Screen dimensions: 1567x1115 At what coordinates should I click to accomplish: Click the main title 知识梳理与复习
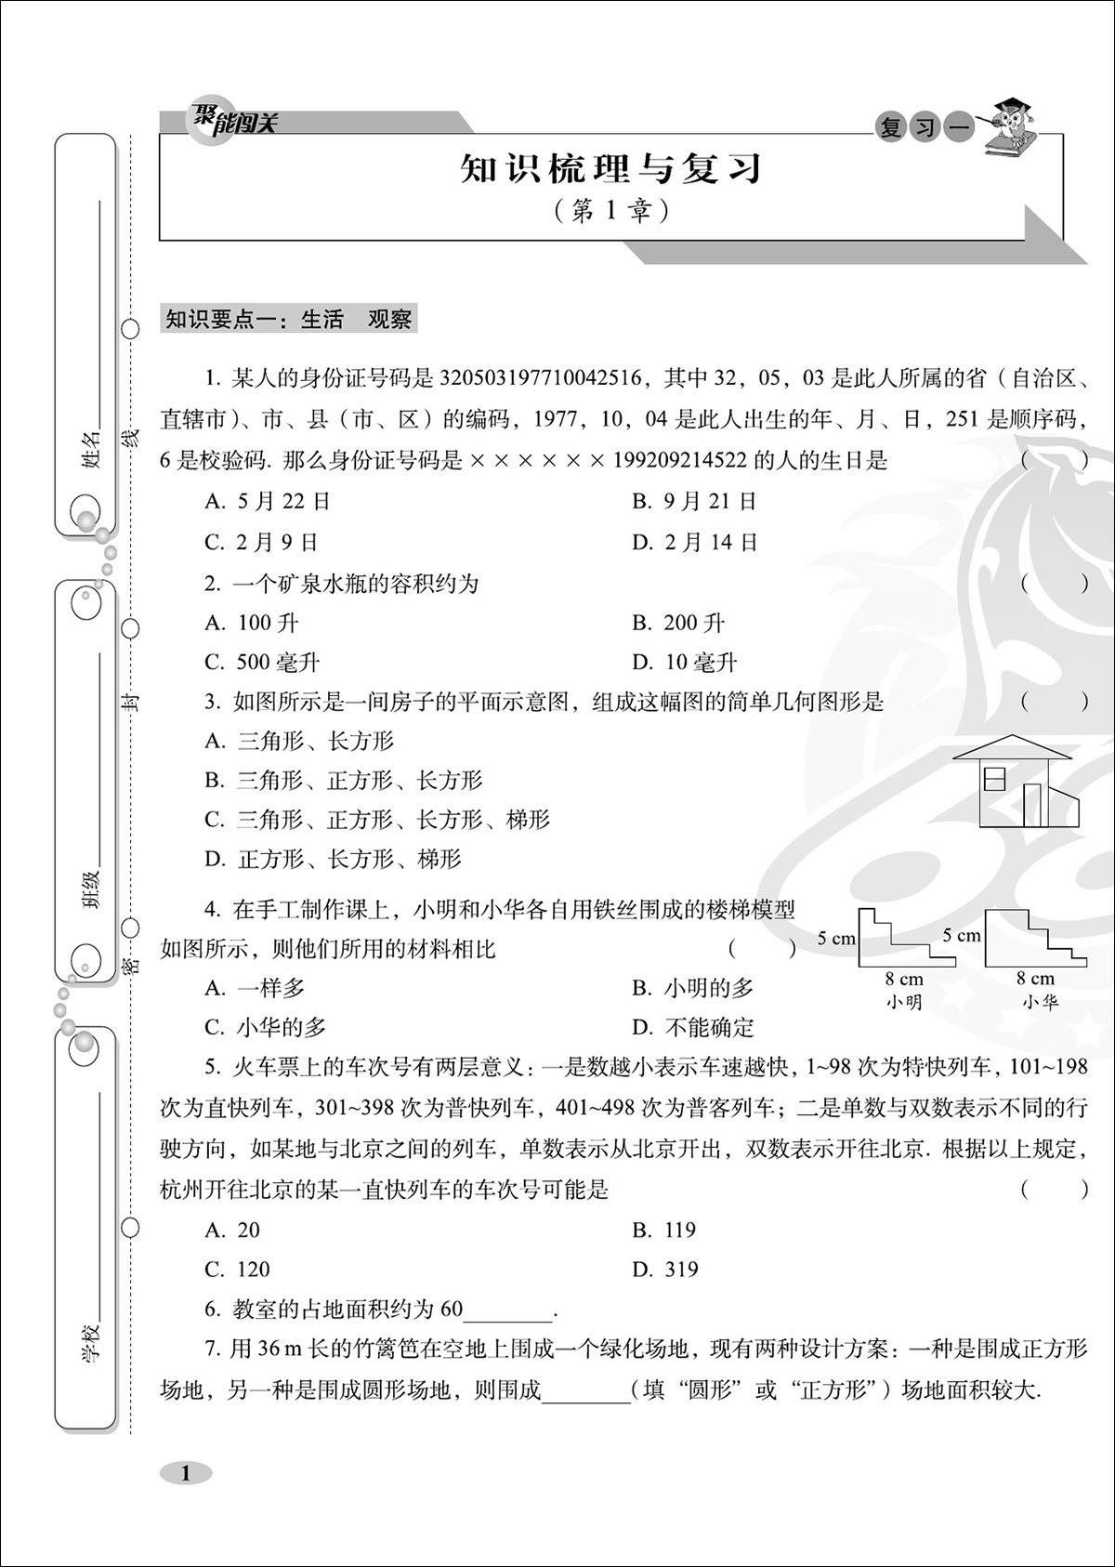(610, 170)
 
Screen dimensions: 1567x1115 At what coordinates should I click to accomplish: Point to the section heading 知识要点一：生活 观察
(288, 320)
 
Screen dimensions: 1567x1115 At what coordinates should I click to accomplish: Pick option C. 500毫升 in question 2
(263, 663)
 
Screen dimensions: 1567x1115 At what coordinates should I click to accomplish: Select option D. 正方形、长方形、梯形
(334, 860)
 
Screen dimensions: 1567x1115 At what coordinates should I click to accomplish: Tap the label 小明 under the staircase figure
(903, 1002)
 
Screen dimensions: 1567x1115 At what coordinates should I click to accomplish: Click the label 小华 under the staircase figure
(1040, 1002)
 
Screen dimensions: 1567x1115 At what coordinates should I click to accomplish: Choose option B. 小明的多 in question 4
(693, 988)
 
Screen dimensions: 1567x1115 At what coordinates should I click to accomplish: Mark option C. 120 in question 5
(238, 1270)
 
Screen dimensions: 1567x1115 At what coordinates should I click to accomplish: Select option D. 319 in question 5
(665, 1270)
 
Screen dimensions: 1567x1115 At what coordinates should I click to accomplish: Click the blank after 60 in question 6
(507, 1310)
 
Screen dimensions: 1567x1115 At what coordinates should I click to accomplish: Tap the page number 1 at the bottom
(186, 1472)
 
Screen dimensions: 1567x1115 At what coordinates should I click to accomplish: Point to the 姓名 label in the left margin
(91, 449)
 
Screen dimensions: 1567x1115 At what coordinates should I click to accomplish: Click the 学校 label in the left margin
(91, 1342)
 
